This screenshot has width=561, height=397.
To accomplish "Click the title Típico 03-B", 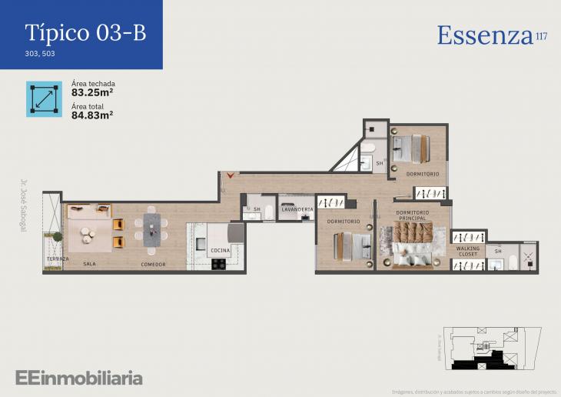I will [85, 32].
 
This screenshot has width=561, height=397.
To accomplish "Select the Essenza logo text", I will [486, 35].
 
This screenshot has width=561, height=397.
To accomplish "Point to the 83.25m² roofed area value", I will [92, 92].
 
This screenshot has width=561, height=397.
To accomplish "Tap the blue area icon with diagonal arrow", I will [44, 98].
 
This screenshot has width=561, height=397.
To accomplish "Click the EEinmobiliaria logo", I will [79, 378].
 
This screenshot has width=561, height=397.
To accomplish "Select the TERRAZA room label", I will [57, 259].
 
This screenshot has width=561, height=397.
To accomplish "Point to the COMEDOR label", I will [153, 264].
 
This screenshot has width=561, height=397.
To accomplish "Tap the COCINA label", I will [220, 250].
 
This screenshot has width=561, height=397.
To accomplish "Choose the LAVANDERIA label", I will [297, 209].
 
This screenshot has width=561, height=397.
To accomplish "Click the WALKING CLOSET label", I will [468, 252].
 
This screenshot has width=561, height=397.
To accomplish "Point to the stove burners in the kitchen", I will [219, 264].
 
